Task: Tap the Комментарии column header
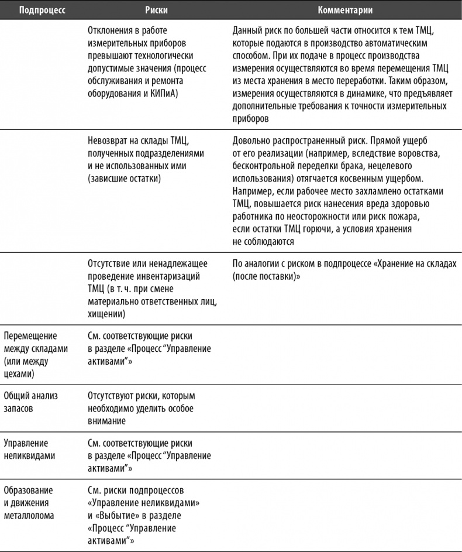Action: (x=345, y=10)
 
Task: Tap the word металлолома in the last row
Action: (x=29, y=516)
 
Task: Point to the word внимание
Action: (x=107, y=421)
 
